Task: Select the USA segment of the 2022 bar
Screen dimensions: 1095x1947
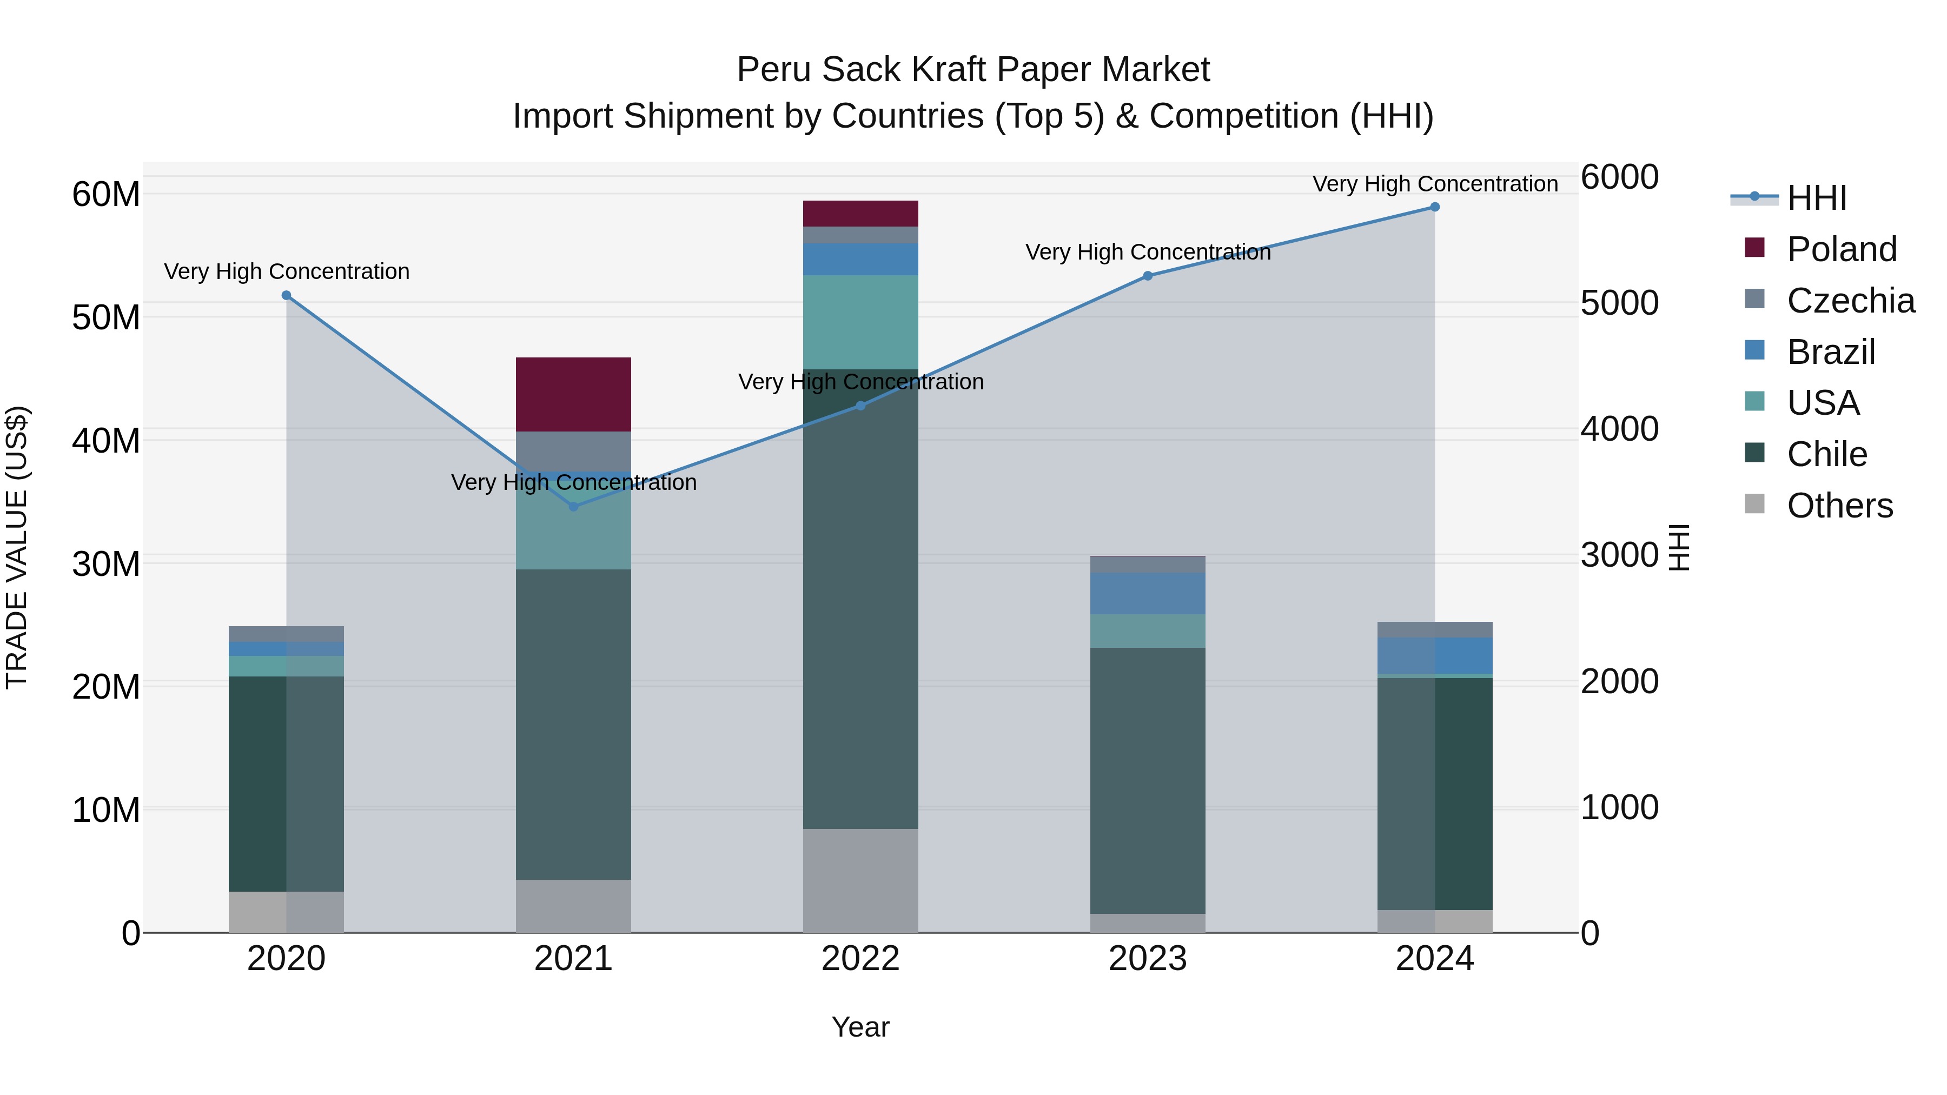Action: coord(860,322)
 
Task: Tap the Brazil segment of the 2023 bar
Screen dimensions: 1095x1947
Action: coord(1147,593)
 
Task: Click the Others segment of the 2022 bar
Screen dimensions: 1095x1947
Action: coord(860,880)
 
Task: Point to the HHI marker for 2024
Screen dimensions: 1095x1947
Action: coord(1434,207)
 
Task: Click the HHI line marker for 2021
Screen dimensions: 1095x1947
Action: coord(573,506)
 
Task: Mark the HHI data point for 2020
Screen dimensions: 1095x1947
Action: coord(287,295)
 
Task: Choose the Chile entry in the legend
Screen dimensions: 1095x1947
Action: coord(1827,454)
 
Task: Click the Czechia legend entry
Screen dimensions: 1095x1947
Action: coord(1850,300)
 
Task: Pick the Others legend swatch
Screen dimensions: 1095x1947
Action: coord(1754,504)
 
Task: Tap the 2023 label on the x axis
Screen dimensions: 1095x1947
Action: coord(1147,959)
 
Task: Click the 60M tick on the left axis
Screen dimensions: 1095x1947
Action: coord(106,194)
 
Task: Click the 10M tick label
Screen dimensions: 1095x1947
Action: coord(106,809)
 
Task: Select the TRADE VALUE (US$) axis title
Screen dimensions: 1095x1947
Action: coord(17,547)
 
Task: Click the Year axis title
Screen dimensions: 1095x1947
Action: coord(860,1027)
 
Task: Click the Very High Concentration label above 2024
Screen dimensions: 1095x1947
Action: coord(1434,184)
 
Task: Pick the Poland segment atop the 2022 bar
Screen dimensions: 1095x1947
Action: coord(860,213)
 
